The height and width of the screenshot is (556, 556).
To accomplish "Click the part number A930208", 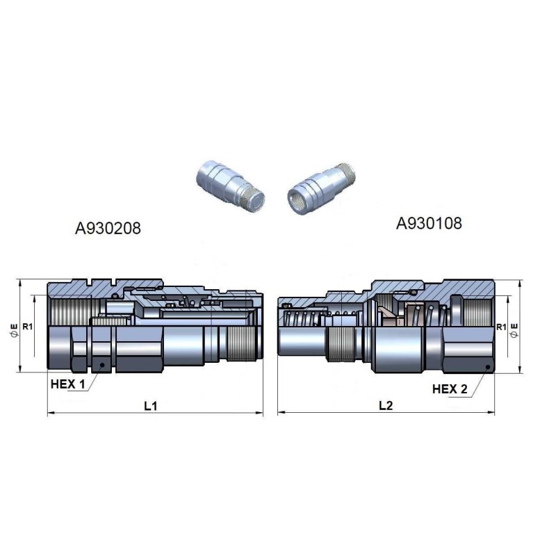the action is click(x=108, y=228).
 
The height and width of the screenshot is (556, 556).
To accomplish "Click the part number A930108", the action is click(x=429, y=223).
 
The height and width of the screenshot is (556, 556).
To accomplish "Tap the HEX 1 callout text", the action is click(x=68, y=384).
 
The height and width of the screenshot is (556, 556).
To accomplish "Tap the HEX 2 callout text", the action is click(x=450, y=389).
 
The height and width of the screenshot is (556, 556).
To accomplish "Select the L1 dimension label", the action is click(x=151, y=406).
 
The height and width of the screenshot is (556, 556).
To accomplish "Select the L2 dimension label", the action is click(x=386, y=405).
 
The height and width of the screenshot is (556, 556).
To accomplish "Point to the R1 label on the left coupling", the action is click(x=27, y=326).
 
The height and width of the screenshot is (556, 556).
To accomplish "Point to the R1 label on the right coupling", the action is click(x=501, y=327).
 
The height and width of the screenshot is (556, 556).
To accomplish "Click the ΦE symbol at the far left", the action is click(x=14, y=329).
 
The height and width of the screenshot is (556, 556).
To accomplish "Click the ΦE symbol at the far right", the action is click(x=514, y=330).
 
